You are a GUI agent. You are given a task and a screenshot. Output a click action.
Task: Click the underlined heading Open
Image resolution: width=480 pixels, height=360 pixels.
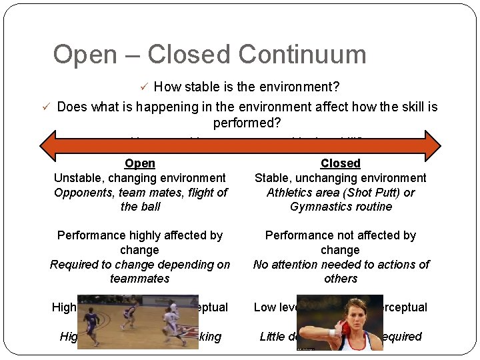point(140,163)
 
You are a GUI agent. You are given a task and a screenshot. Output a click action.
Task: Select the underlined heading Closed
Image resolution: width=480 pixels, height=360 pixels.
point(340,163)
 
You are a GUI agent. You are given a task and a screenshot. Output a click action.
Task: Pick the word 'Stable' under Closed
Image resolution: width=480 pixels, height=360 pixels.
point(273,178)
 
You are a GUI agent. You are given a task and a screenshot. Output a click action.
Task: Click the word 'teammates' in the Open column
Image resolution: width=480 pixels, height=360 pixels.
point(140,279)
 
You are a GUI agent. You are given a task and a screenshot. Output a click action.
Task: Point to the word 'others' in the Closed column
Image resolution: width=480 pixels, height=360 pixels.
point(340,279)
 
